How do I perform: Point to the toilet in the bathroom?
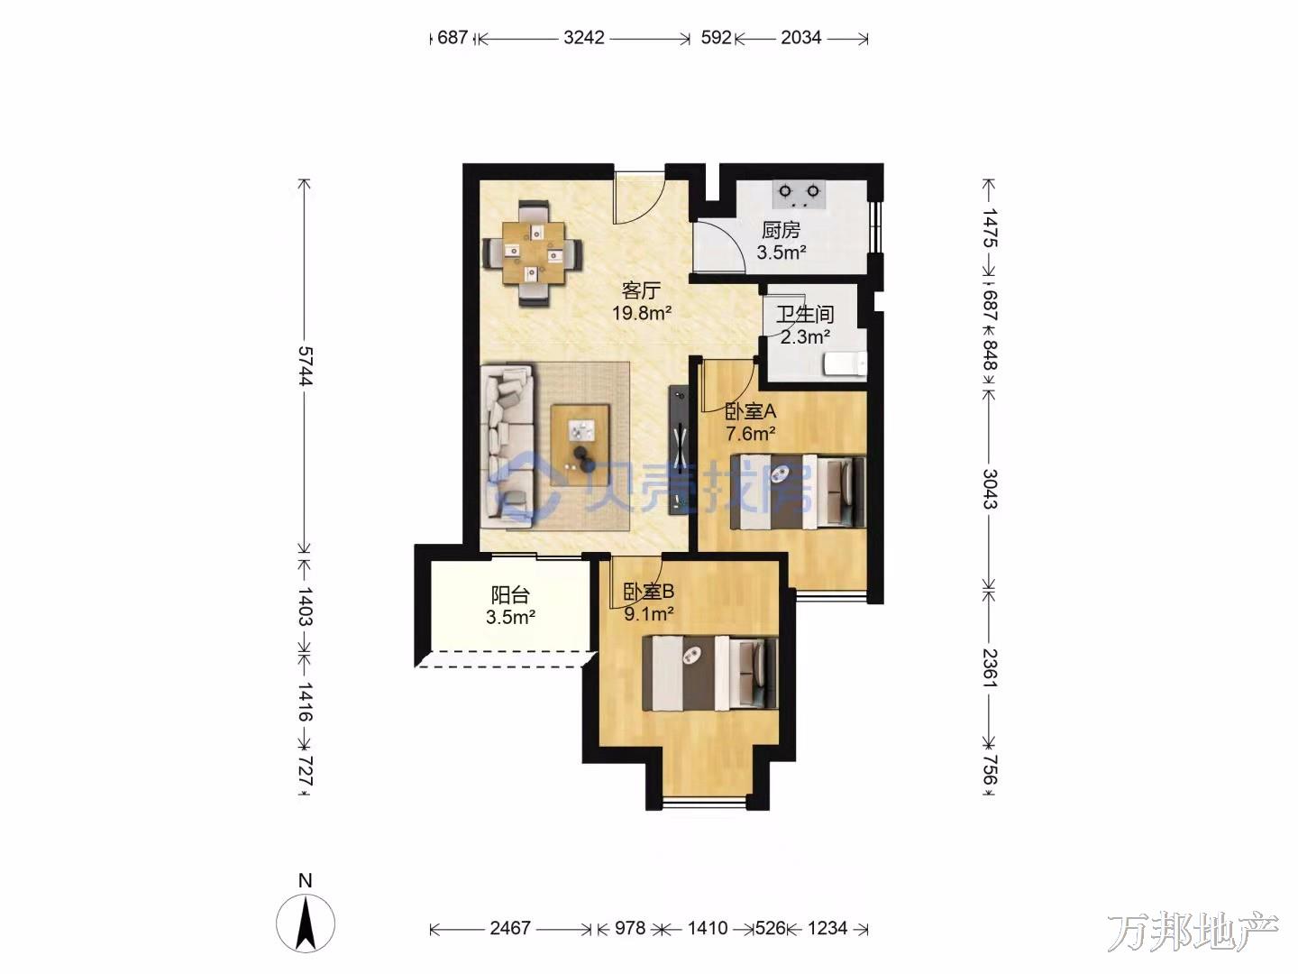pyautogui.click(x=846, y=363)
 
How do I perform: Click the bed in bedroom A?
pyautogui.click(x=799, y=492)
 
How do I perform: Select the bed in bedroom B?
pyautogui.click(x=710, y=673)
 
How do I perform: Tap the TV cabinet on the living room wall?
pyautogui.click(x=680, y=450)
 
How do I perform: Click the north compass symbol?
pyautogui.click(x=306, y=923)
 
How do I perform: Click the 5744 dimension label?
pyautogui.click(x=306, y=366)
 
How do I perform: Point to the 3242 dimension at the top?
pyautogui.click(x=584, y=38)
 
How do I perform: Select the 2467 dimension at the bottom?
pyautogui.click(x=510, y=928)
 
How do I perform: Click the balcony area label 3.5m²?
pyautogui.click(x=511, y=618)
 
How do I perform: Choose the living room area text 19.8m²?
pyautogui.click(x=642, y=313)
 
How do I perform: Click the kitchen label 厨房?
pyautogui.click(x=781, y=230)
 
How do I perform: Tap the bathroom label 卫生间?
pyautogui.click(x=805, y=314)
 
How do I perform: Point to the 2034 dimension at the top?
pyautogui.click(x=800, y=38)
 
